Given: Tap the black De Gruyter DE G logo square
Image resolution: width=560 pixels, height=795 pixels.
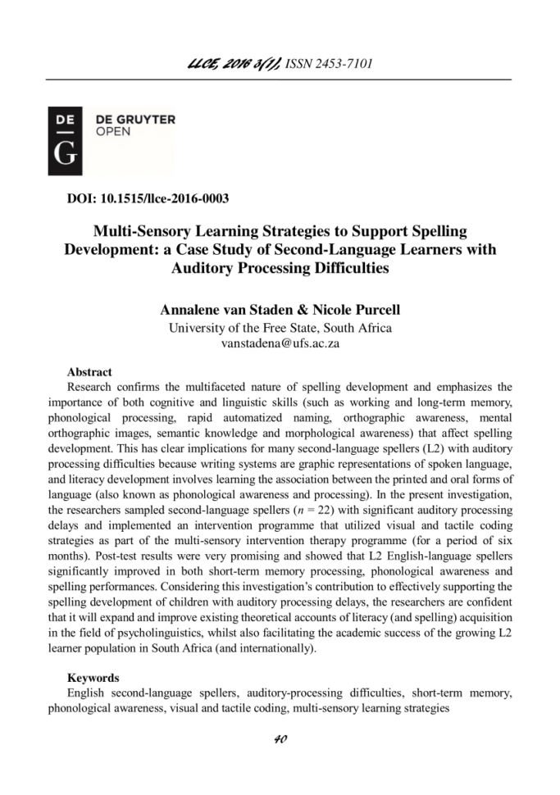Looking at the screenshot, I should click(65, 140).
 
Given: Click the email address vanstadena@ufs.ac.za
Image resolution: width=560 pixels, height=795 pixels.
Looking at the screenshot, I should click(280, 343).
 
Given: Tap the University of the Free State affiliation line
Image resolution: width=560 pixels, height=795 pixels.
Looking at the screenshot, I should click(280, 328).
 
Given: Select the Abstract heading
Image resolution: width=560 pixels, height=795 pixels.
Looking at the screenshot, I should click(89, 372).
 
